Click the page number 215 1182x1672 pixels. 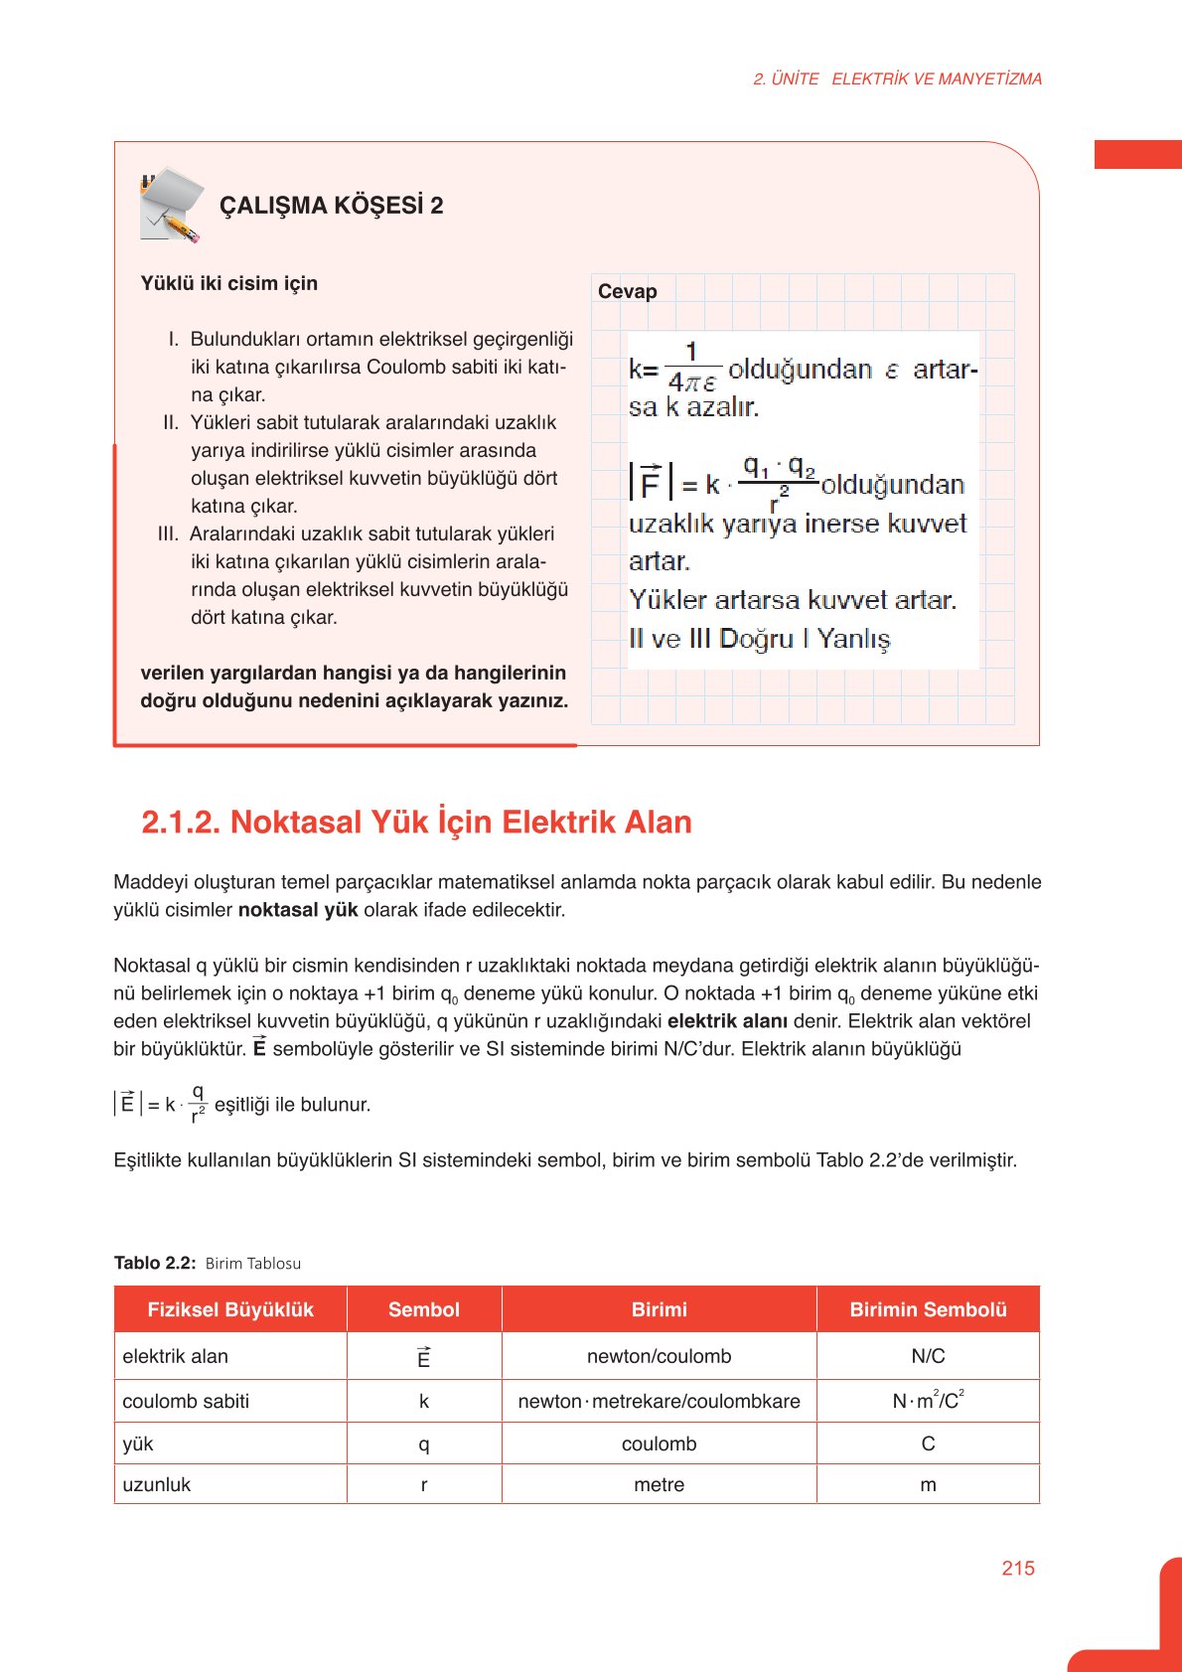coord(1018,1568)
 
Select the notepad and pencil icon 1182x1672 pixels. coord(171,205)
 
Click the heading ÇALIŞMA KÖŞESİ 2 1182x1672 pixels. coord(331,206)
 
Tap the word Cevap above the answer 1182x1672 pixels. coord(627,291)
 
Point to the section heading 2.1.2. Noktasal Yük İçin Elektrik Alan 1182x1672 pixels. coord(416,822)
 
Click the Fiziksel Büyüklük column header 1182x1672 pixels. coord(230,1309)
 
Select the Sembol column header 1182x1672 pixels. coord(424,1309)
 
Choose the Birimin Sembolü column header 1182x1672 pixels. coord(928,1309)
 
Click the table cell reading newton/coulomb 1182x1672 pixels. coord(659,1356)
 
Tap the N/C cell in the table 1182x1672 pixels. coord(928,1356)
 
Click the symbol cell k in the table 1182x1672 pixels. coord(424,1401)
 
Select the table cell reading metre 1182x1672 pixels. coord(659,1484)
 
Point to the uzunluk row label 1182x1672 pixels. coord(157,1484)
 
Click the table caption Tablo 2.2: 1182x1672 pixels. coord(155,1263)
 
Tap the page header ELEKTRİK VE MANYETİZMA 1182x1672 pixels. coord(937,79)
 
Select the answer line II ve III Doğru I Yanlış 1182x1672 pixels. coord(759,639)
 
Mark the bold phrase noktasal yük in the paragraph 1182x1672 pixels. coord(298,910)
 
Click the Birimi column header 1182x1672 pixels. coord(659,1309)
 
